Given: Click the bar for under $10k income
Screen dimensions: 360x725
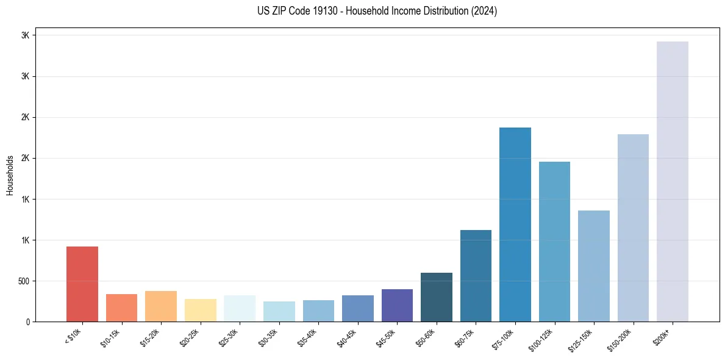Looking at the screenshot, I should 82,284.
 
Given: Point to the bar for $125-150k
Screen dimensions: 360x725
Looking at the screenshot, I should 593,266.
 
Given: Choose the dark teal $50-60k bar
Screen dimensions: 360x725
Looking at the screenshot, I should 436,297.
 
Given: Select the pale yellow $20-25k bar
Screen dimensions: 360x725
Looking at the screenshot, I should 200,310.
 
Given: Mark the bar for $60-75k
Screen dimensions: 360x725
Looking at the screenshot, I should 476,276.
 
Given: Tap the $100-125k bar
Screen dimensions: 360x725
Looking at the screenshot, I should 554,242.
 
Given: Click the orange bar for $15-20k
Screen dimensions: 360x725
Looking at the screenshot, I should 161,306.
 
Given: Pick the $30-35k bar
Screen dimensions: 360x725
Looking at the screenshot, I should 279,311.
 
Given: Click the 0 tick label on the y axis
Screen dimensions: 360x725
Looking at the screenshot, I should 28,322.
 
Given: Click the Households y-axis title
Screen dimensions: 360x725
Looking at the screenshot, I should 10,175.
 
